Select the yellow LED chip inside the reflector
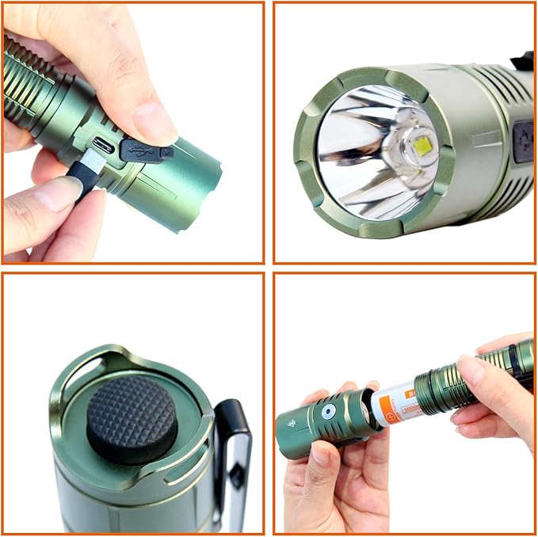click(421, 145)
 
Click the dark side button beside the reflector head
click(523, 142)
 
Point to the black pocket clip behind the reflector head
click(522, 60)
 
